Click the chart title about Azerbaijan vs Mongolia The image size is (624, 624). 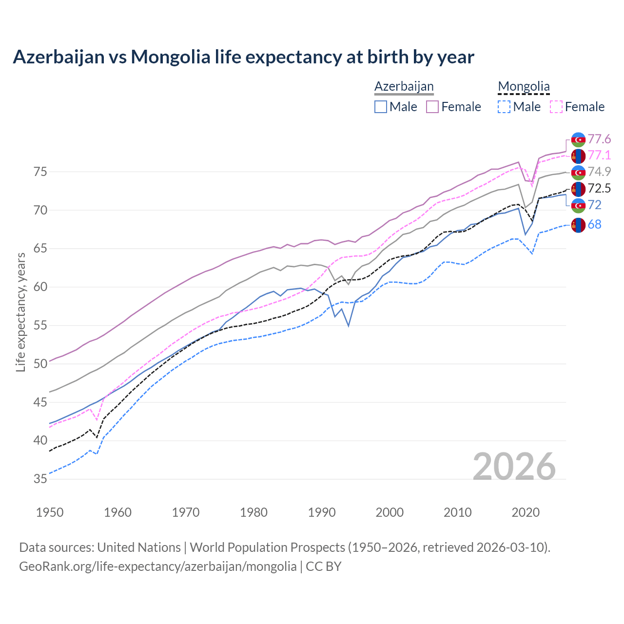243,57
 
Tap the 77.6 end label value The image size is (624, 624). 599,139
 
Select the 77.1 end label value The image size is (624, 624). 599,156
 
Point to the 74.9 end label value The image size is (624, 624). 599,172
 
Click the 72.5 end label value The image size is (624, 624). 599,189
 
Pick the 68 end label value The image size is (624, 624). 595,225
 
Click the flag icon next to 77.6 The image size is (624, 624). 578,139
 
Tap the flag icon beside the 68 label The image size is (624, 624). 578,225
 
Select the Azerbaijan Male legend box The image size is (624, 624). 381,107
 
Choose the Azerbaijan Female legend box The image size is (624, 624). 432,107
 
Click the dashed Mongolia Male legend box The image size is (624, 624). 504,107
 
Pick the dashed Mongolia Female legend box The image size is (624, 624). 556,107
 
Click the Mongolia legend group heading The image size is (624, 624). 524,87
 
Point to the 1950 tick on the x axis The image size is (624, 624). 50,512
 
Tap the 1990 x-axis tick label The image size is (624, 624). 322,512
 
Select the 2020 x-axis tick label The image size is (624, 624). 526,512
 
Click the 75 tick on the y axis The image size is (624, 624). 40,172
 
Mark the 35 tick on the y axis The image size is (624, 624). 40,479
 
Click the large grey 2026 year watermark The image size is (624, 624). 514,467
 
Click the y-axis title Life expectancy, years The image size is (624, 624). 21,312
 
